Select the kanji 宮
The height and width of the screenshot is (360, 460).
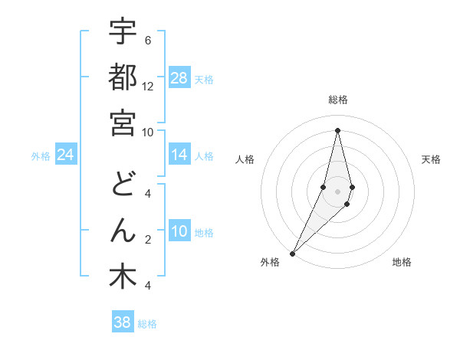coord(123,123)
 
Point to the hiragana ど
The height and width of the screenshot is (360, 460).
coord(123,185)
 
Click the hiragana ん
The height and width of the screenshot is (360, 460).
coord(123,231)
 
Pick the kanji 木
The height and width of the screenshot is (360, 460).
coord(123,277)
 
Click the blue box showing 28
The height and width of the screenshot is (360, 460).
coord(179,78)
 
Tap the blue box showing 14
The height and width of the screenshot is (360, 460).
coord(179,155)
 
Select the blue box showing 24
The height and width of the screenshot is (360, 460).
coord(66,155)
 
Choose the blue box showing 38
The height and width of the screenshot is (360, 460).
coord(123,322)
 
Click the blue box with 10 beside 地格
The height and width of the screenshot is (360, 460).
coord(179,232)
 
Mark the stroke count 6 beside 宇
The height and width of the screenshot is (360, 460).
coord(147,40)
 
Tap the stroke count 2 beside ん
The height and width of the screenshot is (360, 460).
coord(147,240)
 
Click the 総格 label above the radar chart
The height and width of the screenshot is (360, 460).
coord(337,100)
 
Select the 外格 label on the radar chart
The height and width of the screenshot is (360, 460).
coord(270,262)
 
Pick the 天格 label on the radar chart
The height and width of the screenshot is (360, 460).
coord(431,159)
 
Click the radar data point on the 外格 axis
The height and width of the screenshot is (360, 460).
coord(293,253)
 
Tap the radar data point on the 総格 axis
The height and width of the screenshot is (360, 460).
coord(337,130)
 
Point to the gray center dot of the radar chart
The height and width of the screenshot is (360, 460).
coord(337,201)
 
